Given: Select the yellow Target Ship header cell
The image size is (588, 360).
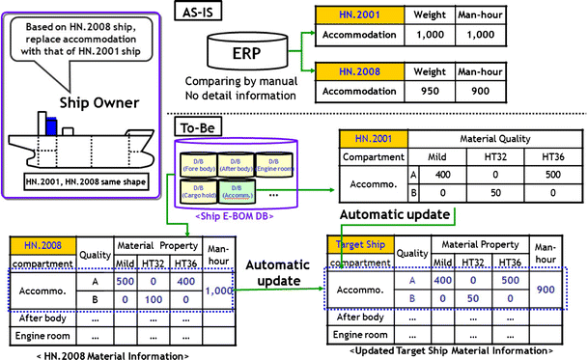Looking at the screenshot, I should tap(360, 245).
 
